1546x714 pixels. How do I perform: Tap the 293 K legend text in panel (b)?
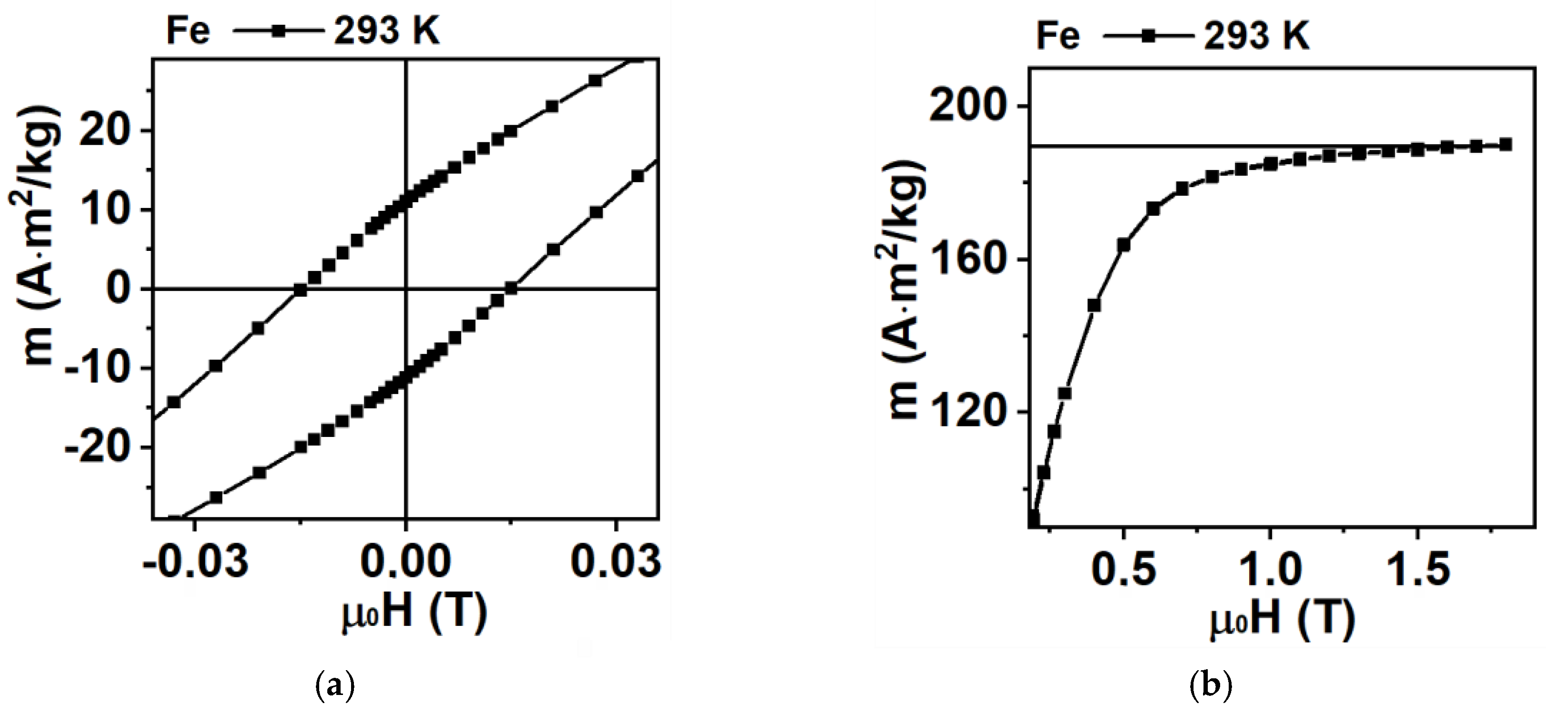(x=1257, y=36)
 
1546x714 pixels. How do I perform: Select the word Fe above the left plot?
(x=188, y=31)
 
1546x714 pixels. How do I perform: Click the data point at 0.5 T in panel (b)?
(x=1124, y=245)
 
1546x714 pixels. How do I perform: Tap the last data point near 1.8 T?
(x=1505, y=145)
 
